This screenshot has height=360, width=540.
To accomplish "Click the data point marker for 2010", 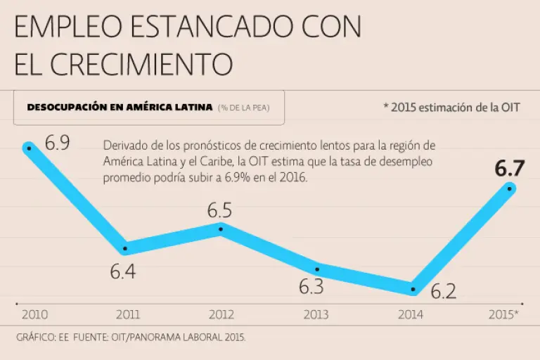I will point(29,148).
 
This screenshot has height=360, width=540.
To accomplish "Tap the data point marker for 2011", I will point(125,248).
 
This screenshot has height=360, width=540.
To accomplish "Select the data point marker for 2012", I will point(221,229).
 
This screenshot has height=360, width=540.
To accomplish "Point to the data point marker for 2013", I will point(317,268).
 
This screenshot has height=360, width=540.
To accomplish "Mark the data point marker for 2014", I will point(413,289).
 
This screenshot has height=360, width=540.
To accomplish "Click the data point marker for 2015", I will point(510,188).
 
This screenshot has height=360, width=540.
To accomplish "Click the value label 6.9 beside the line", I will point(58,143).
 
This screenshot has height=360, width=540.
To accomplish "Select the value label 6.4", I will point(123,272).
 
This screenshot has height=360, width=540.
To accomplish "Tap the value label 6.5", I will point(219,210).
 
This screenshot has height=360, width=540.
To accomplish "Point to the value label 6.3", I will point(311,287).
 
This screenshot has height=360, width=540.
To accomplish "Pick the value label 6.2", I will point(444,290).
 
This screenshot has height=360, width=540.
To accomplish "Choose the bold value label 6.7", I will point(510,169).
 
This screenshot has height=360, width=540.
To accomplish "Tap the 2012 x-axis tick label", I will point(221,314).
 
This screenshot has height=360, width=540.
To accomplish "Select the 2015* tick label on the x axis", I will point(503,314).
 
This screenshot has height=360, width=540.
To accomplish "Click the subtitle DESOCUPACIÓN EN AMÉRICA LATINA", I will point(120,108).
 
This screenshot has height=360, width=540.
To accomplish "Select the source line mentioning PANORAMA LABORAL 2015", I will point(131,337).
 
